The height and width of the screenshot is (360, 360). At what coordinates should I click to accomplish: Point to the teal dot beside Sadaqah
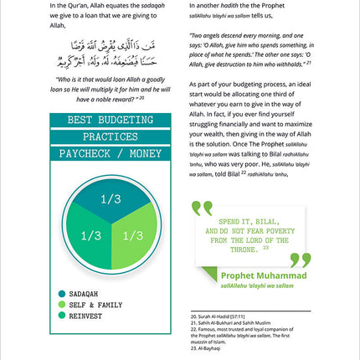(63, 293)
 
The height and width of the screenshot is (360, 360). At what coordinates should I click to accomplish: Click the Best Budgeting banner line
(105, 119)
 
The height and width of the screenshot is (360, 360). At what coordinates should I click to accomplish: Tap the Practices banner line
(105, 136)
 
